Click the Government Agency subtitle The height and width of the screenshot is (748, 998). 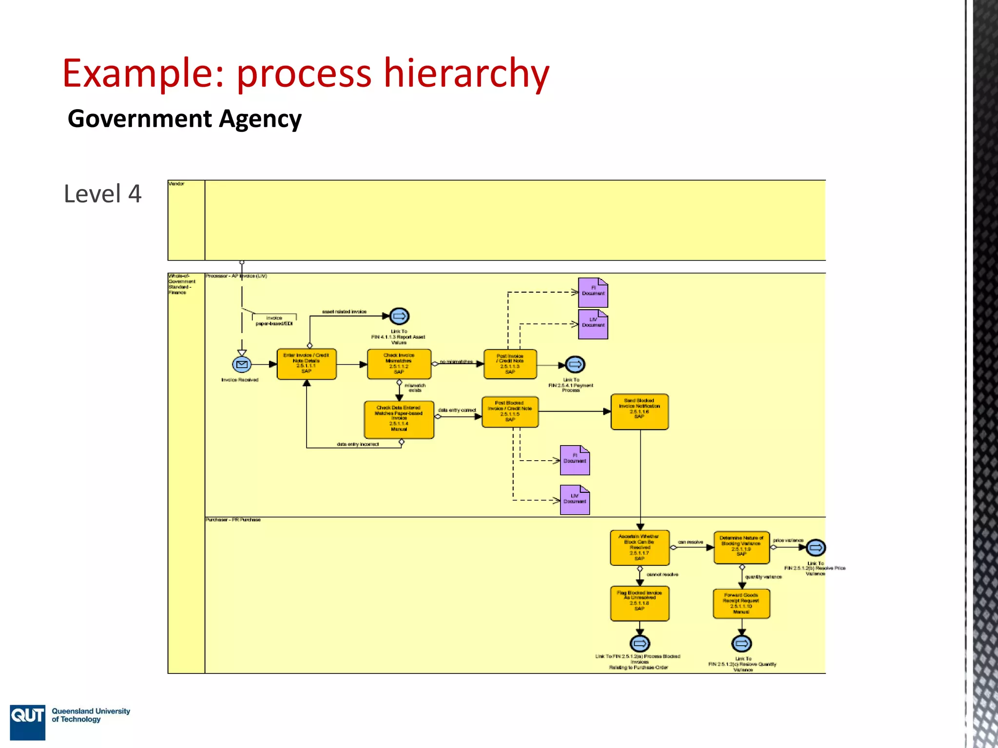[x=184, y=119]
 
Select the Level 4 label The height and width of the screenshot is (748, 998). [x=102, y=194]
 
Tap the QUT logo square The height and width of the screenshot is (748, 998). [x=27, y=721]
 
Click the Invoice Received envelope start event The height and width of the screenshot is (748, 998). [x=242, y=364]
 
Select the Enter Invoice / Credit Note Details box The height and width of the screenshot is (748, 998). [x=307, y=364]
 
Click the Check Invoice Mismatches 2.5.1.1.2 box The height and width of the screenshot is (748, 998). [x=399, y=364]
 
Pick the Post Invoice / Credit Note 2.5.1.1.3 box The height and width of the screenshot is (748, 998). [x=510, y=364]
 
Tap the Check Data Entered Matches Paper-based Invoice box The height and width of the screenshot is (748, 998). [x=399, y=419]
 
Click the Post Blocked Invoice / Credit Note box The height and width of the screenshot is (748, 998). [x=510, y=411]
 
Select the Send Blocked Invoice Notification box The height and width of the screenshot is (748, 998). [x=639, y=411]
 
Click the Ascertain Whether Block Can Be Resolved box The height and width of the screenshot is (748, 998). [x=640, y=547]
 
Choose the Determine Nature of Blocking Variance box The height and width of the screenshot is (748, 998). [x=741, y=547]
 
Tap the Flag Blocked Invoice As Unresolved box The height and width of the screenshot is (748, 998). [x=640, y=603]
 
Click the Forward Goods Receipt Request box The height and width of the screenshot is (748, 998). [x=741, y=603]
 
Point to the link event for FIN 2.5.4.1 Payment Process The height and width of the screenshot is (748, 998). [x=575, y=364]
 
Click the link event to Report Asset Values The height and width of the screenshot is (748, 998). [x=399, y=316]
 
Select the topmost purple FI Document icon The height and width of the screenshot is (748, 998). [x=593, y=292]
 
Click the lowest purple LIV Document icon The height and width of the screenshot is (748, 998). [x=575, y=500]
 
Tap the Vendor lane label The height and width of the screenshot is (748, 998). [x=177, y=184]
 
